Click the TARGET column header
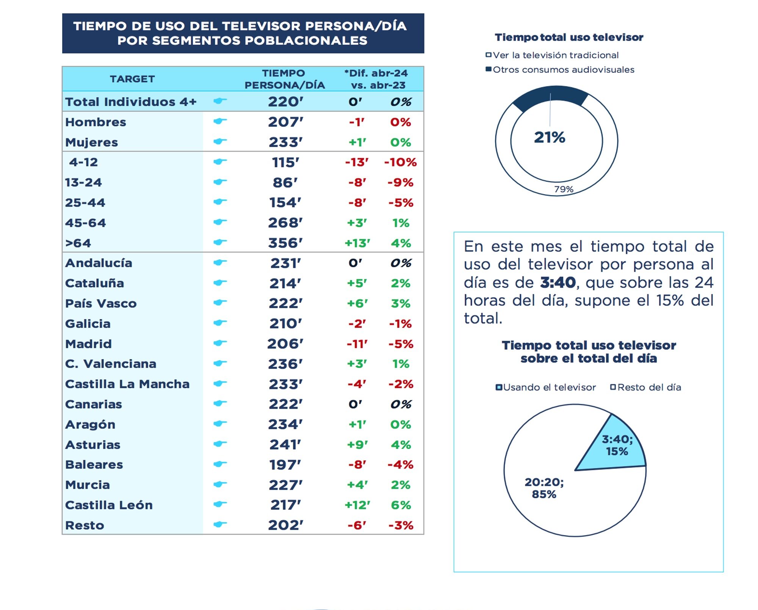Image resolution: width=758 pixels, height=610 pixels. tap(132, 79)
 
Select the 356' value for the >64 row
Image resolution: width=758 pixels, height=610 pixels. tap(285, 243)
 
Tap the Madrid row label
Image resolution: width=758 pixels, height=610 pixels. tap(88, 344)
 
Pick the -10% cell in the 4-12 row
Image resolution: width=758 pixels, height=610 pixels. tap(400, 162)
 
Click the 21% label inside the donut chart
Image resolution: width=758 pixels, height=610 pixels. tap(550, 137)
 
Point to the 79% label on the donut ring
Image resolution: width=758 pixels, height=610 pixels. tap(564, 189)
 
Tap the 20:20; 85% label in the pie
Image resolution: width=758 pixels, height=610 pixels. tap(544, 488)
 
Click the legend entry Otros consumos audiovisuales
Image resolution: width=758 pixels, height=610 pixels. tap(563, 70)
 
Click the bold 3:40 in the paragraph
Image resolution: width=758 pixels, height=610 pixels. tap(558, 282)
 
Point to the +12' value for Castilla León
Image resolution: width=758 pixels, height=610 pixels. tap(357, 505)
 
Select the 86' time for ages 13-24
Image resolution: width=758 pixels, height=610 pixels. tap(285, 182)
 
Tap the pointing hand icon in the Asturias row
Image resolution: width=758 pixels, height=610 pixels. tap(220, 444)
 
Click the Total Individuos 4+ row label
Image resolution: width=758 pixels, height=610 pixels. tap(131, 102)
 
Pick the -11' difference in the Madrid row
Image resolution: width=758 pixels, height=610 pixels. tap(357, 344)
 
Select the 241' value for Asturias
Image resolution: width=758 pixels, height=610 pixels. tap(285, 444)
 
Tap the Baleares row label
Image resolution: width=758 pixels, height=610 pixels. tap(94, 464)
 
